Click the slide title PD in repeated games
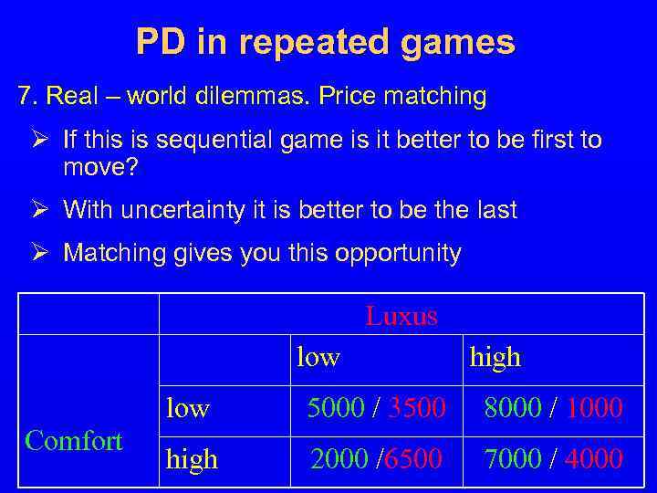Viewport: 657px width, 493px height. click(325, 42)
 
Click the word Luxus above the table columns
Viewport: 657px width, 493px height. click(401, 316)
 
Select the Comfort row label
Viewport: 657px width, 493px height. click(74, 441)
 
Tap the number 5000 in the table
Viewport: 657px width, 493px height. click(336, 408)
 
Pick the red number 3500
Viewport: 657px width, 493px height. click(416, 408)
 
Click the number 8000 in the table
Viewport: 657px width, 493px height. click(513, 408)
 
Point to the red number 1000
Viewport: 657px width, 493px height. click(594, 408)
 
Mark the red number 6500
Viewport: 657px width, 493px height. click(416, 458)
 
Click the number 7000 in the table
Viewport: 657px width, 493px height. click(513, 458)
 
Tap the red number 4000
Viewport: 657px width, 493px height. click(594, 458)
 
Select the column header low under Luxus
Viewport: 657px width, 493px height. click(318, 357)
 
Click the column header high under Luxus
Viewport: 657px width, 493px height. click(495, 357)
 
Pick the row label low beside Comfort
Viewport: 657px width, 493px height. click(187, 408)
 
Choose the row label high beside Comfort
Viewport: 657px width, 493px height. click(192, 458)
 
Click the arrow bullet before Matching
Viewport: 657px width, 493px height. click(37, 253)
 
